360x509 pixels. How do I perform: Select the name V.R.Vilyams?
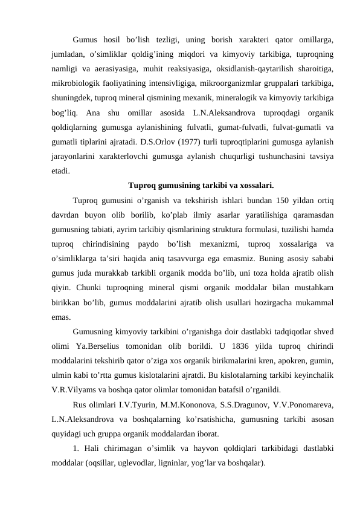pos(72,390)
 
